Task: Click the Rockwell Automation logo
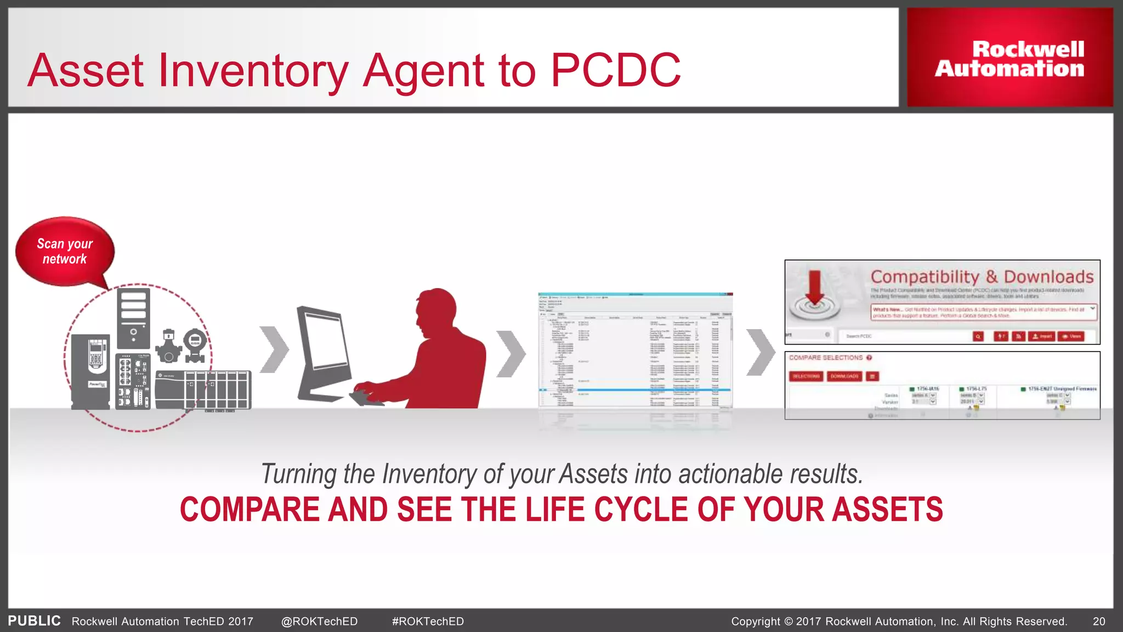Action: [1009, 59]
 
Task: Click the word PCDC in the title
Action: [615, 70]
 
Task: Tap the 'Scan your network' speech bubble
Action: [65, 252]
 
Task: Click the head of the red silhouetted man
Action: [436, 313]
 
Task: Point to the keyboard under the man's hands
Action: [366, 397]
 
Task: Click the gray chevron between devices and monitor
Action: [274, 349]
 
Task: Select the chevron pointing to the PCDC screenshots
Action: [761, 352]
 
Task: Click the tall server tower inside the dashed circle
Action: [133, 318]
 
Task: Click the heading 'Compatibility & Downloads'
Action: [982, 276]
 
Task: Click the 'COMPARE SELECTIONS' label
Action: [826, 358]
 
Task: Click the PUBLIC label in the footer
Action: [34, 621]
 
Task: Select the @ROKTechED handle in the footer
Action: [319, 622]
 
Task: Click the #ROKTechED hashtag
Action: [428, 622]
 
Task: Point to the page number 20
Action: [1098, 622]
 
